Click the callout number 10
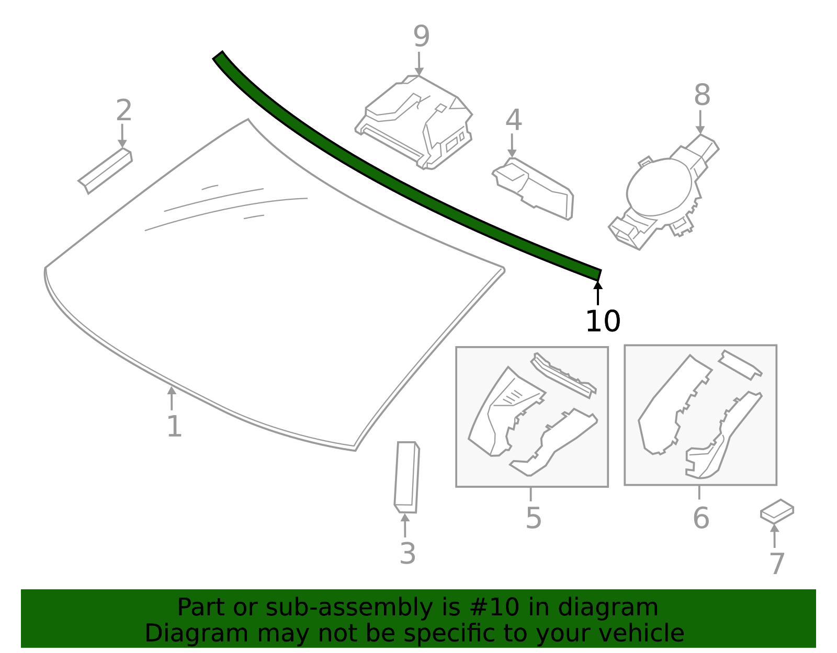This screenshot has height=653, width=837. click(x=603, y=321)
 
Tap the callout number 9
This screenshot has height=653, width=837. click(x=421, y=36)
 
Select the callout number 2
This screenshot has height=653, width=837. click(x=123, y=110)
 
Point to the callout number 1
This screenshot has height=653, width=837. click(x=174, y=427)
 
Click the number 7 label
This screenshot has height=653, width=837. click(x=777, y=564)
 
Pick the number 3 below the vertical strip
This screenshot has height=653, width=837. click(x=407, y=554)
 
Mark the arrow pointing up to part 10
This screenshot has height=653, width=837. click(x=598, y=293)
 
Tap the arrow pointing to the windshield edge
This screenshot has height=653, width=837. click(x=171, y=398)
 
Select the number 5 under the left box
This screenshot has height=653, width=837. click(x=533, y=518)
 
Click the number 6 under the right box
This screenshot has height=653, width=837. click(x=700, y=518)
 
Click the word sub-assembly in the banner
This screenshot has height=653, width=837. click(x=326, y=608)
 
